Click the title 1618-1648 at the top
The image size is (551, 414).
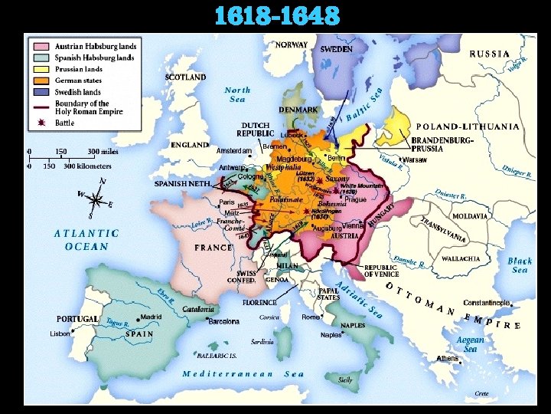[276, 16]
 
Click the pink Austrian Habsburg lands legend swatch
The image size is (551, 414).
[41, 46]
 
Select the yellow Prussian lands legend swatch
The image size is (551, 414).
[41, 69]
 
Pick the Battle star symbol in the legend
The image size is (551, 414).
[41, 123]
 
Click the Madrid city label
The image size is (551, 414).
[150, 316]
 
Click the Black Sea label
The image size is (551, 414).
[520, 265]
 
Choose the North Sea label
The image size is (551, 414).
[237, 94]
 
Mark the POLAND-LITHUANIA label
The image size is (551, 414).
[467, 127]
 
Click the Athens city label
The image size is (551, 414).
[447, 358]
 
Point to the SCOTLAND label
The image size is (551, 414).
[185, 77]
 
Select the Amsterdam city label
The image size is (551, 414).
[233, 150]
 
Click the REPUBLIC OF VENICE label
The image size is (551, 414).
[380, 271]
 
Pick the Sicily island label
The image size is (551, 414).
[345, 379]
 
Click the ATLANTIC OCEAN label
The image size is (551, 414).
[86, 240]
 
